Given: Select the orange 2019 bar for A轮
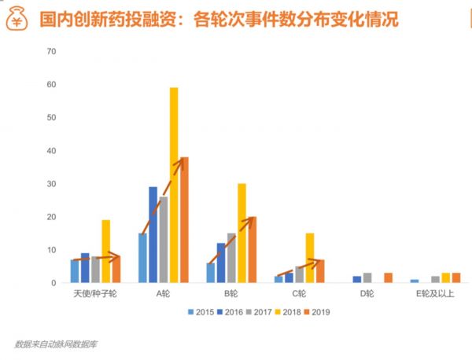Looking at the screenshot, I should pyautogui.click(x=184, y=220).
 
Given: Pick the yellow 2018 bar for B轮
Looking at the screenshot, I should pyautogui.click(x=242, y=233).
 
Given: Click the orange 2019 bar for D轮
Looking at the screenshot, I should pyautogui.click(x=388, y=277).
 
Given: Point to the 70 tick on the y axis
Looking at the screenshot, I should pyautogui.click(x=52, y=52).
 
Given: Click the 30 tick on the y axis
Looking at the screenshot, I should pyautogui.click(x=52, y=184).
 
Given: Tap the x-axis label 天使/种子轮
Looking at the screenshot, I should pyautogui.click(x=95, y=294).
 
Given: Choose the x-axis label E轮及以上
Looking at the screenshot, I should pyautogui.click(x=435, y=294).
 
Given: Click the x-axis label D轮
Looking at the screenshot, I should pyautogui.click(x=367, y=294).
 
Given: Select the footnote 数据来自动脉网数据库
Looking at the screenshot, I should pyautogui.click(x=57, y=343).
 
